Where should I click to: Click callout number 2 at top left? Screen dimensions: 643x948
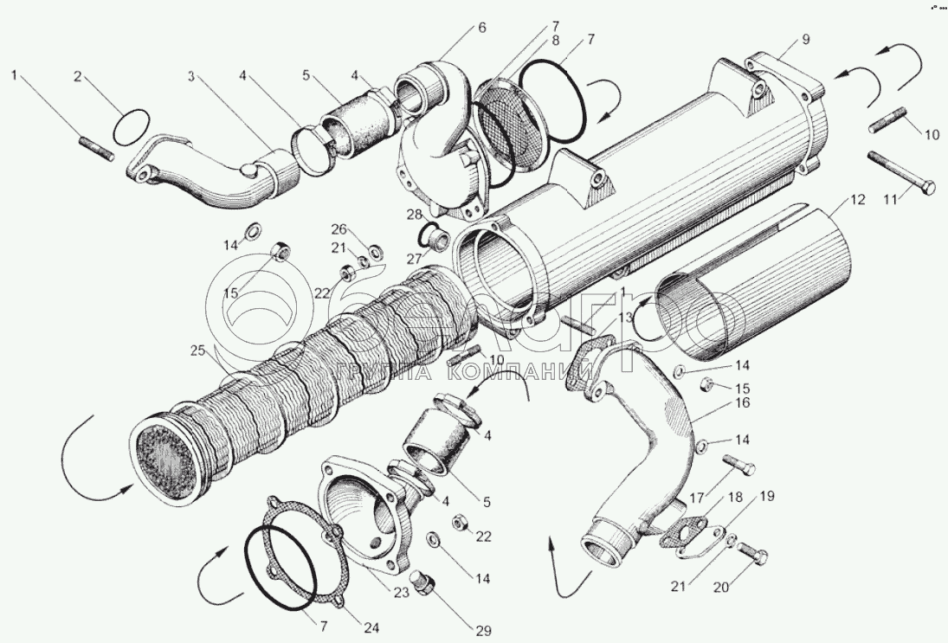[77, 76]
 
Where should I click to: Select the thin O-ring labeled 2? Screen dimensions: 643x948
[131, 127]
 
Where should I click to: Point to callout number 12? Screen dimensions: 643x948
[857, 201]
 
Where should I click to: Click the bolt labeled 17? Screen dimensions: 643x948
[738, 466]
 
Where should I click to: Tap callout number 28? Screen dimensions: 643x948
[416, 214]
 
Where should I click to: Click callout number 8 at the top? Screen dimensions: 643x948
[554, 40]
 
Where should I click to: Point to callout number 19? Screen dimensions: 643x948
[767, 497]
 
